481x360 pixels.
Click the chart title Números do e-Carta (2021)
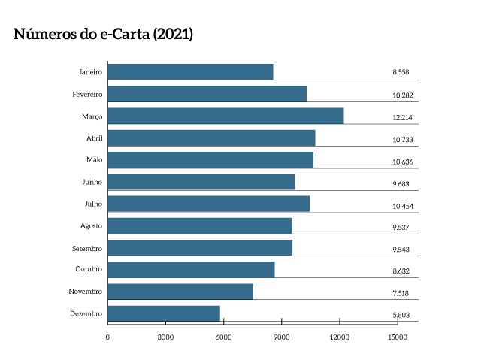click(x=104, y=35)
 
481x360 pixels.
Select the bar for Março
click(x=225, y=116)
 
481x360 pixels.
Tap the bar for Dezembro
click(x=164, y=313)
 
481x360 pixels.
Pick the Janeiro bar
click(x=190, y=72)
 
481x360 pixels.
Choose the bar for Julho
click(x=209, y=204)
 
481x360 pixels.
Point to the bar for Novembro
click(x=180, y=292)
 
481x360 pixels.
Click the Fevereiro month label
click(x=87, y=95)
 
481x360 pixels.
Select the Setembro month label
click(x=87, y=248)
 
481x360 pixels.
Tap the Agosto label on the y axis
click(x=91, y=225)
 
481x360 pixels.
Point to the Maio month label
click(x=95, y=160)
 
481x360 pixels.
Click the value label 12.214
click(x=403, y=118)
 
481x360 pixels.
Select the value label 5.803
click(x=401, y=315)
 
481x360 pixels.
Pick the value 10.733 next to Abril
click(x=403, y=140)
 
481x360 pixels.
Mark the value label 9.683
click(x=401, y=183)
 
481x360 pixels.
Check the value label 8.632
click(x=401, y=271)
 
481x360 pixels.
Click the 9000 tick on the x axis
click(x=282, y=337)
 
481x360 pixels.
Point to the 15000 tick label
click(x=398, y=337)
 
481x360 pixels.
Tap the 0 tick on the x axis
click(x=107, y=337)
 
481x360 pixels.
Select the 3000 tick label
click(x=165, y=337)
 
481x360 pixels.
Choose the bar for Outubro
click(x=191, y=270)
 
